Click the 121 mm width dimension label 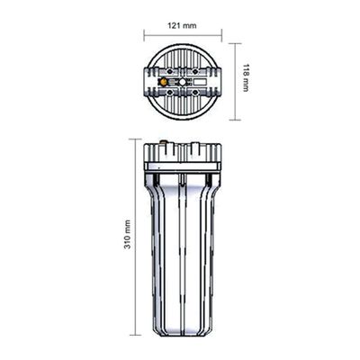tap(182, 25)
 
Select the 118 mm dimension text tap(246, 77)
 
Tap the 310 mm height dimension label tap(128, 235)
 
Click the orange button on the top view tap(163, 82)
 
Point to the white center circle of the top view tap(183, 82)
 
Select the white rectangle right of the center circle tap(200, 82)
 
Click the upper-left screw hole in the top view tap(170, 72)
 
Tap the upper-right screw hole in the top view tap(195, 72)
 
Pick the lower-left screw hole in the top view tap(170, 92)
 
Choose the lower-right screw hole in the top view tap(195, 92)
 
